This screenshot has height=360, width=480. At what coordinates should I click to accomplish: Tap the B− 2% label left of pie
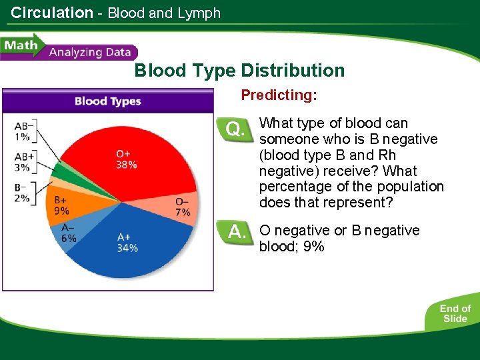(x=22, y=193)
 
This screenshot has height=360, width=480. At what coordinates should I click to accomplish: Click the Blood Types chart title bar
(x=107, y=101)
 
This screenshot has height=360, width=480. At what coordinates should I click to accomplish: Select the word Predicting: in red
(x=279, y=95)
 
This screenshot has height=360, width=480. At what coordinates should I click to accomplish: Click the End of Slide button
(x=455, y=313)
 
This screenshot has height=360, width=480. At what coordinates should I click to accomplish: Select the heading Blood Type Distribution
(x=239, y=71)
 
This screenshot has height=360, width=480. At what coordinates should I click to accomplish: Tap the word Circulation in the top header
(x=52, y=13)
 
